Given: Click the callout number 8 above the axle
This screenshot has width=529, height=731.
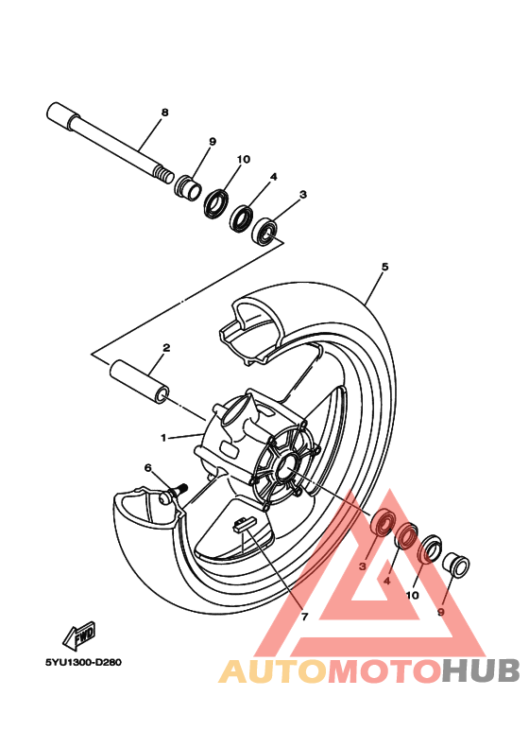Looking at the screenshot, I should click(x=164, y=113).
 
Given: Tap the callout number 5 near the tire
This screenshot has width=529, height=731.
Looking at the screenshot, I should click(x=384, y=268).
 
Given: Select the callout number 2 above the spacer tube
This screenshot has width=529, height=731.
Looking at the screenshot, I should click(x=165, y=348).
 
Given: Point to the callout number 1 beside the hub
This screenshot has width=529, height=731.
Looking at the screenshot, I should click(x=162, y=438).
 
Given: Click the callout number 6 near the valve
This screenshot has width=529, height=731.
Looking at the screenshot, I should click(x=147, y=467).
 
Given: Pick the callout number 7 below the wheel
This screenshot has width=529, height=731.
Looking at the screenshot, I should click(x=304, y=617).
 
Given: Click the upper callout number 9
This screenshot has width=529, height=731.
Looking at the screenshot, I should click(x=213, y=141).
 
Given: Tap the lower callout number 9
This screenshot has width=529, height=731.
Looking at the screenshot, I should click(x=440, y=611).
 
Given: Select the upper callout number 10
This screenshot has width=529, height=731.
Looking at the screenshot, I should click(x=244, y=159).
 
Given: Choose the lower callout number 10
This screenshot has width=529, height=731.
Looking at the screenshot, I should click(x=412, y=597).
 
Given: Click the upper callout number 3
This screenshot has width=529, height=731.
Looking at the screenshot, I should click(x=303, y=195).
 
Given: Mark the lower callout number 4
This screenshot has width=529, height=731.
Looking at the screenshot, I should click(x=385, y=582).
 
